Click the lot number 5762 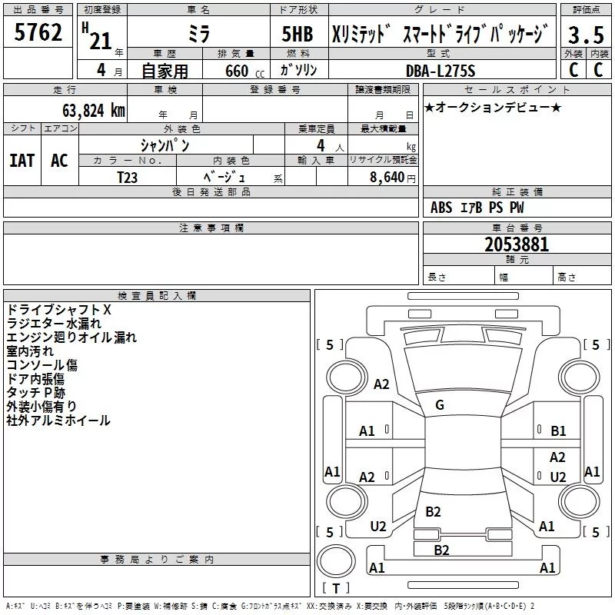pos(38,33)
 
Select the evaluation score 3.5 pos(586,35)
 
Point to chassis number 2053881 pos(517,244)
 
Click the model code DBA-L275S pos(440,71)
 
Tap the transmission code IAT pos(22,161)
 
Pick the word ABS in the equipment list pos(441,208)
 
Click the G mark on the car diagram pos(440,405)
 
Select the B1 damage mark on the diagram pos(558,431)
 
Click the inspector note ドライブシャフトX pos(59,310)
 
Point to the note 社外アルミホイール pos(58,421)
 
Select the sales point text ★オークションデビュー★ pos(493,107)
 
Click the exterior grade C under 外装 pos(573,70)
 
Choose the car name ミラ pos(198,35)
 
